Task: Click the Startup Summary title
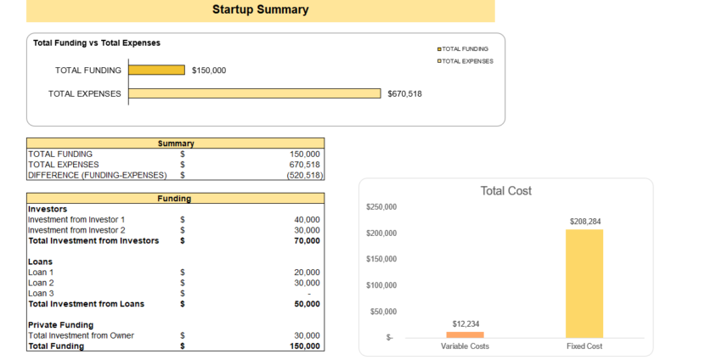point(260,10)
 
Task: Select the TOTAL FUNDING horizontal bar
point(156,70)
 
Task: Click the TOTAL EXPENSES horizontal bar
point(255,93)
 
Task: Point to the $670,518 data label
point(404,93)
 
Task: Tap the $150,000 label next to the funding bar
point(209,70)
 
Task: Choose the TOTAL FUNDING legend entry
point(463,49)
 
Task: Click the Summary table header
point(176,143)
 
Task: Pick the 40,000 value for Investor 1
point(307,219)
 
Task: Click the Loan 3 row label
point(41,293)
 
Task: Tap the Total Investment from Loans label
point(86,304)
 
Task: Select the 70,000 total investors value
point(307,240)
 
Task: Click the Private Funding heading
point(60,324)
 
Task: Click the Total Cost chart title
point(505,191)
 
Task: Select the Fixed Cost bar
point(584,284)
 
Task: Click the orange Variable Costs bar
point(465,335)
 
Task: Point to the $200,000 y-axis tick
point(381,233)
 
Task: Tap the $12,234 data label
point(465,324)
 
